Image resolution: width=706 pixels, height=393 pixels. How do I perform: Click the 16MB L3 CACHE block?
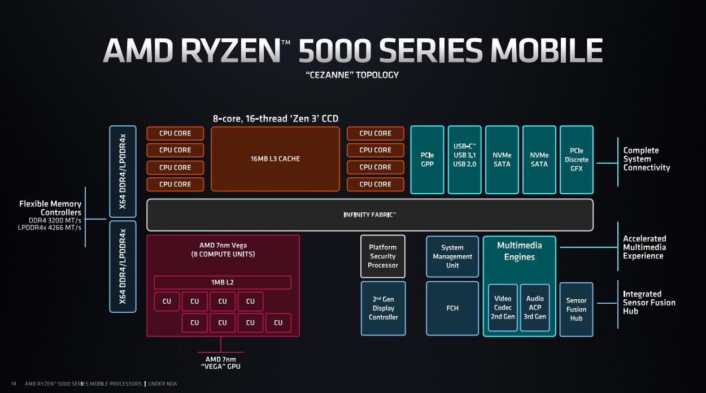point(275,159)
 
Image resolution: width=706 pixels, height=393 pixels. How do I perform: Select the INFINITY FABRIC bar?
point(370,215)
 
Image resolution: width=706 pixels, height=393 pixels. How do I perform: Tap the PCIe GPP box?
point(427,160)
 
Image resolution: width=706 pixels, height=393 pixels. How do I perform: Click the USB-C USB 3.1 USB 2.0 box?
point(464,160)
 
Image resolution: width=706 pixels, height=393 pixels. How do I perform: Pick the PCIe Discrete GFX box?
point(576,160)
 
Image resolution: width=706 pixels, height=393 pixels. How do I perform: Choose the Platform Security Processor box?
point(383,256)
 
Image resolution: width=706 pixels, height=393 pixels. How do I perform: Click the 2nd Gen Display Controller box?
point(383,308)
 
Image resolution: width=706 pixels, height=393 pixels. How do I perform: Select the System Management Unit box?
point(452,256)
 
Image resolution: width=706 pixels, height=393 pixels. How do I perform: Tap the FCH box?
point(452,308)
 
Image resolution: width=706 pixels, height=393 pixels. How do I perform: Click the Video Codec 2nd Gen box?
point(503,308)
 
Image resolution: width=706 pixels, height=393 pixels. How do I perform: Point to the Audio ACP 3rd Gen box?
point(535,308)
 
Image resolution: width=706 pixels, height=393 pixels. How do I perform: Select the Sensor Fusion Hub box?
point(576,309)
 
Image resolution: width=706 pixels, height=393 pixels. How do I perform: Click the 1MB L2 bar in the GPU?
point(223,282)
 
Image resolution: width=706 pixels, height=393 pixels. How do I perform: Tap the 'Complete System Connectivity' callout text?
point(646,159)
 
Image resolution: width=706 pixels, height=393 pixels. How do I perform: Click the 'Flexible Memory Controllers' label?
point(50,208)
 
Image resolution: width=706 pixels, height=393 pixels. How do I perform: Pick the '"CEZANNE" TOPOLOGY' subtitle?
point(352,75)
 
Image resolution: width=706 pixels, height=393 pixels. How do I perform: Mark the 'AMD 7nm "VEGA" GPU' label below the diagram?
point(221,363)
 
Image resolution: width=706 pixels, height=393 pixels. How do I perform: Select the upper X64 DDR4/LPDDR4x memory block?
point(123,172)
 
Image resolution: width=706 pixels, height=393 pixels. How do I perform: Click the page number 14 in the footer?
point(14,384)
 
